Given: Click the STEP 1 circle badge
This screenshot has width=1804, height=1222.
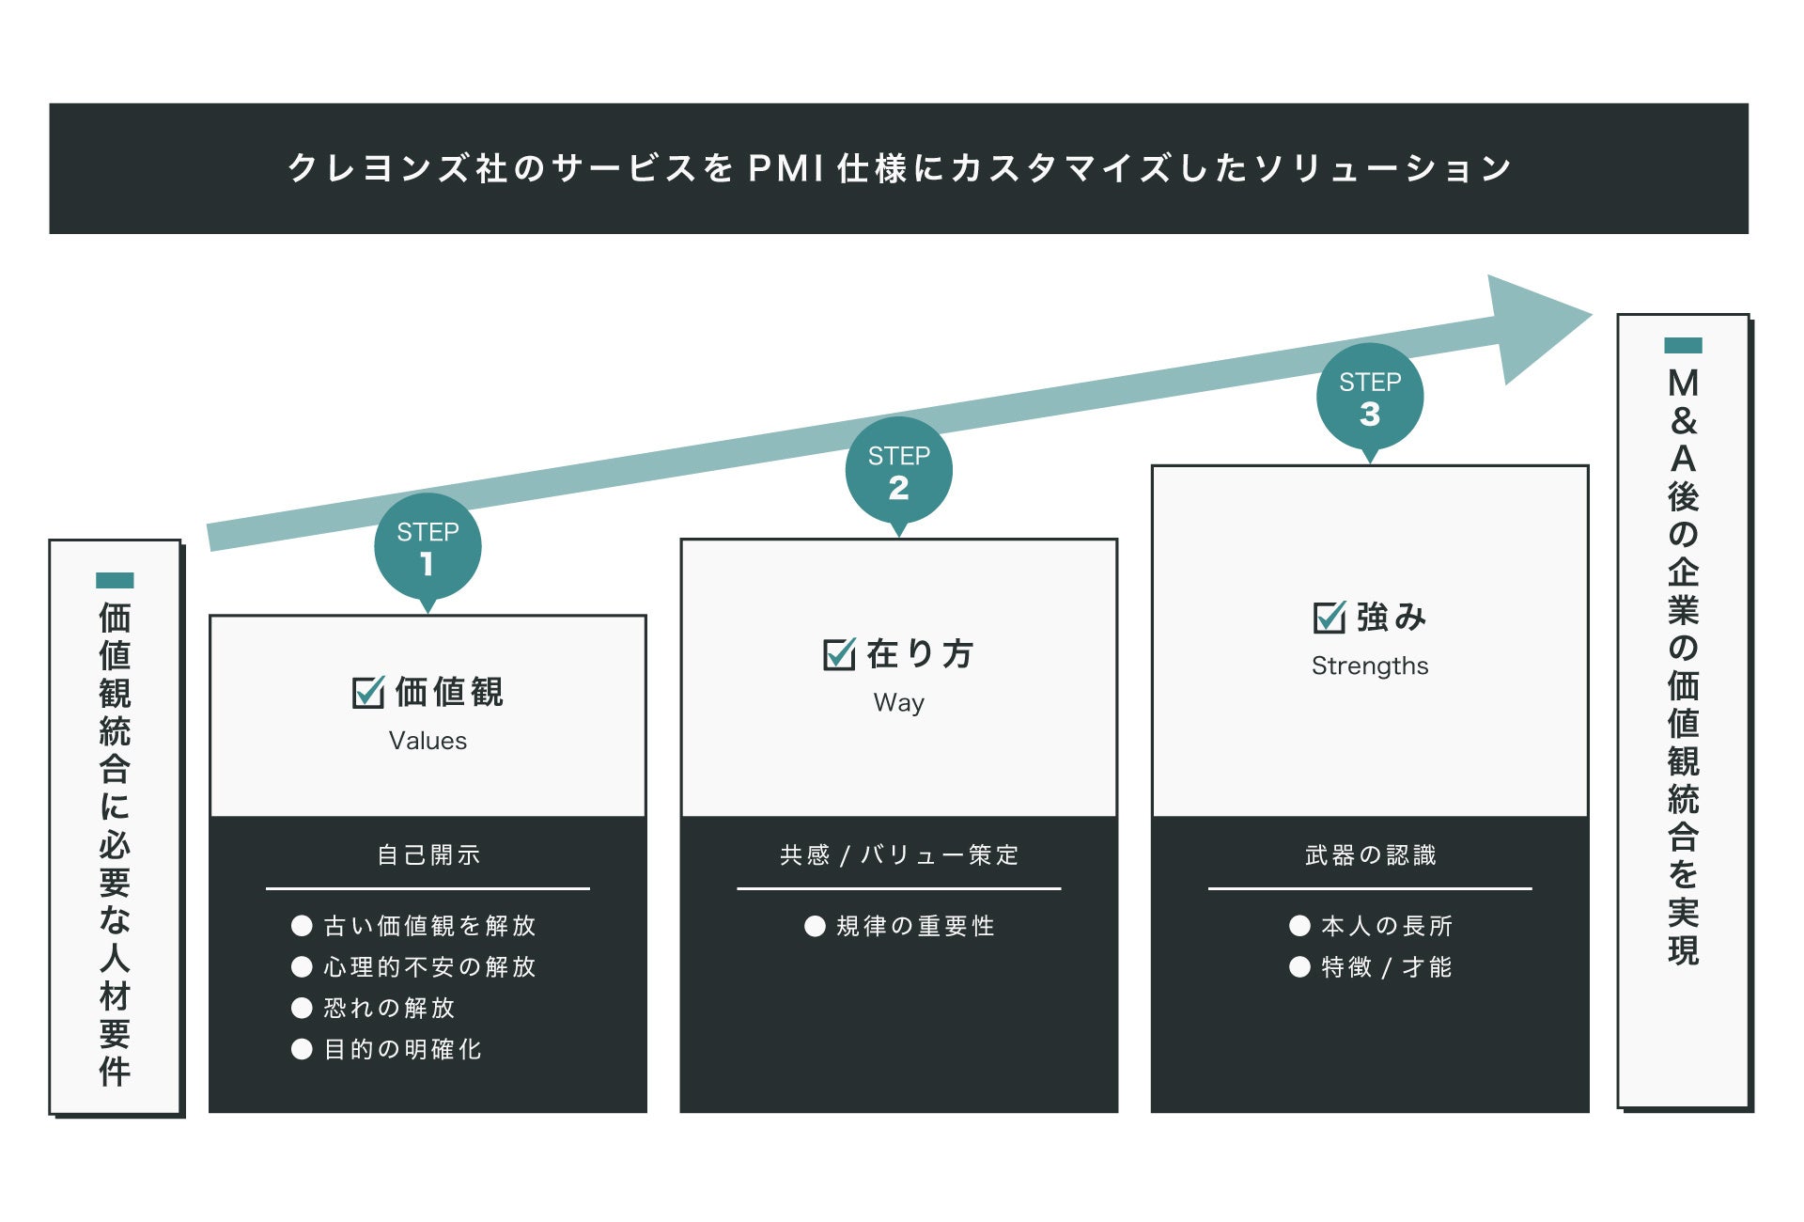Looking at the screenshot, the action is click(x=428, y=547).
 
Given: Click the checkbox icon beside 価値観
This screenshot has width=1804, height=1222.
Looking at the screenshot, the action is click(x=367, y=693).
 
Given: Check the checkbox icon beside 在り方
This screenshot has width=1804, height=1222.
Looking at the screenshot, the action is click(x=839, y=654).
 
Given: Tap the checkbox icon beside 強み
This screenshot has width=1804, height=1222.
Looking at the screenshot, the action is click(x=1329, y=618).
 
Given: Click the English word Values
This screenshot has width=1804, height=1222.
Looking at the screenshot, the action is click(x=428, y=741).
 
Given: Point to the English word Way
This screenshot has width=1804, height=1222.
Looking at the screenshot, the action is click(x=899, y=702).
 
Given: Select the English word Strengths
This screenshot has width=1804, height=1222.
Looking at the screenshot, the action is click(x=1370, y=666).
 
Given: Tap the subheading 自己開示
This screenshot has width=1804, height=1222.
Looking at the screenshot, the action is click(x=428, y=854).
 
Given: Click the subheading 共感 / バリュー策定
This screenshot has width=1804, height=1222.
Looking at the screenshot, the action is click(x=899, y=854).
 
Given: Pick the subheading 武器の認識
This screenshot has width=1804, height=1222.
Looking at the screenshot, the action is click(x=1370, y=854).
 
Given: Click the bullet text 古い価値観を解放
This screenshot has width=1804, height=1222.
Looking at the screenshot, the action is click(x=429, y=926).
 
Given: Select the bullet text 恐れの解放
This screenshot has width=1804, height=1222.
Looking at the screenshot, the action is click(x=389, y=1008).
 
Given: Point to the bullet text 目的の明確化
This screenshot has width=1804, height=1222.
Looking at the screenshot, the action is click(x=402, y=1049).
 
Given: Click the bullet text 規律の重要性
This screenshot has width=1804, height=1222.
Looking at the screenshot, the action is click(x=915, y=926).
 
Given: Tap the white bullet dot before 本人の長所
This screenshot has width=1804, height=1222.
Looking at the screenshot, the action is click(x=1299, y=926).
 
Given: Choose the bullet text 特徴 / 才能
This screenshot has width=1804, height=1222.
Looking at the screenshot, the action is click(x=1386, y=967).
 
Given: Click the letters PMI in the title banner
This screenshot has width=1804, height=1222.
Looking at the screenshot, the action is click(x=786, y=168).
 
